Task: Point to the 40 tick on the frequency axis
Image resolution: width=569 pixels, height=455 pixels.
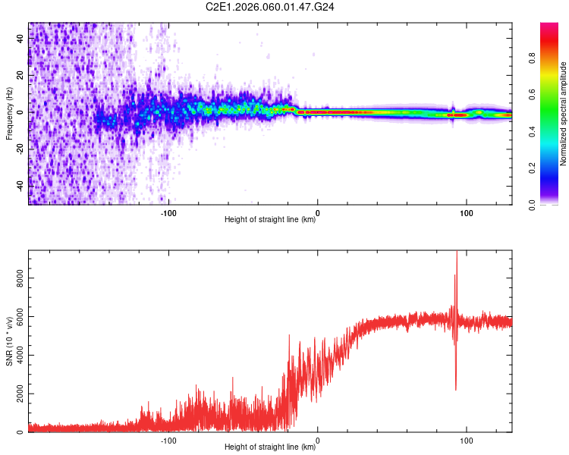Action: click(20, 39)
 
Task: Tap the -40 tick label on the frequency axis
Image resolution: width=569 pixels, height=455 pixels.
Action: click(20, 185)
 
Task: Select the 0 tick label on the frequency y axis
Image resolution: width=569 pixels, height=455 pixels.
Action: click(20, 112)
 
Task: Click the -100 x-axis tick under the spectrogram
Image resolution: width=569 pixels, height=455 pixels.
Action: click(168, 212)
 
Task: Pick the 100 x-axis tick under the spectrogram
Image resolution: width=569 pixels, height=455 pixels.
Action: click(467, 212)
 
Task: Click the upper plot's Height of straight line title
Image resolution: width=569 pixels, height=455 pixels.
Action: click(271, 221)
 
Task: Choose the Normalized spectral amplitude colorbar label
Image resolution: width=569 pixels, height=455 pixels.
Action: click(564, 114)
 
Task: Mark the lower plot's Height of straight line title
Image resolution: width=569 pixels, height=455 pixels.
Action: click(271, 448)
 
